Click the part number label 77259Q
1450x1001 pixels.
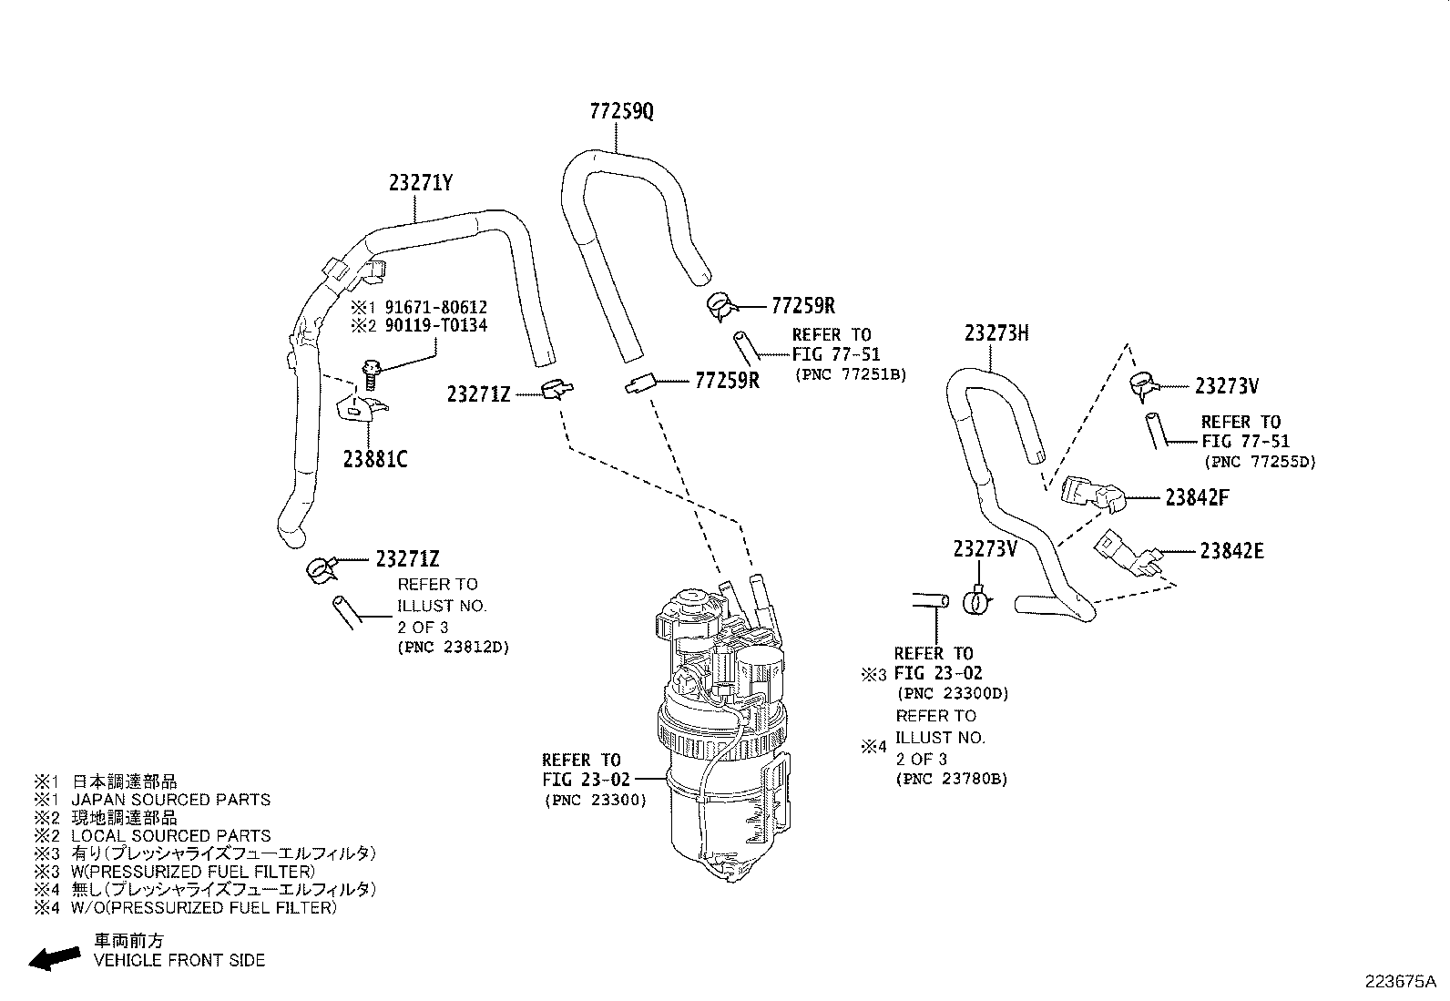(x=621, y=112)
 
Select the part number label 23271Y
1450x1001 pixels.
(x=420, y=183)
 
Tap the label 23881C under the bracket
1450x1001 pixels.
(x=375, y=459)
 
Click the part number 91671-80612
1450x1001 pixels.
(x=435, y=307)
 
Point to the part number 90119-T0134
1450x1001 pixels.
(x=435, y=325)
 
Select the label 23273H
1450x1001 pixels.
(x=996, y=333)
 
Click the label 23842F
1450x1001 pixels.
(x=1197, y=498)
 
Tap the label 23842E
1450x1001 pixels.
(x=1231, y=551)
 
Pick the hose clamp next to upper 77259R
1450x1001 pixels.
(x=724, y=305)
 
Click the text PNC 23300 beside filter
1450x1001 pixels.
(x=596, y=800)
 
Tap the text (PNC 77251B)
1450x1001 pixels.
(x=850, y=374)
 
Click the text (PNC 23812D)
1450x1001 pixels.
(x=453, y=648)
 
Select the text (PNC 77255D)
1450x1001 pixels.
(x=1260, y=462)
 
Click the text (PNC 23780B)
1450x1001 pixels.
(x=951, y=779)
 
